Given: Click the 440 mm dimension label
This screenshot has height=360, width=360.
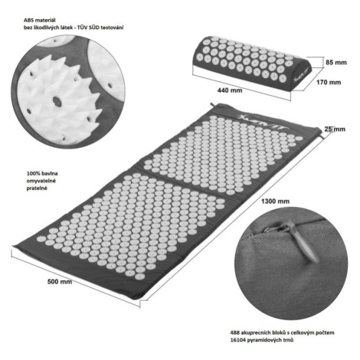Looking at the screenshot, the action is (x=230, y=90).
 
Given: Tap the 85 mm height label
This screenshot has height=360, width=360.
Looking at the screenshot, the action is (x=336, y=62).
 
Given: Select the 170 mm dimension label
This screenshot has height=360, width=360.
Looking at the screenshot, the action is (x=329, y=82).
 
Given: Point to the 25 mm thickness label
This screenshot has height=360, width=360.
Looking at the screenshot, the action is (x=335, y=129).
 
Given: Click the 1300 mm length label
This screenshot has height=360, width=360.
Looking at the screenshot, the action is (x=275, y=201).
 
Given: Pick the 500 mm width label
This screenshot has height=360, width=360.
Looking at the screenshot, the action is (x=60, y=282).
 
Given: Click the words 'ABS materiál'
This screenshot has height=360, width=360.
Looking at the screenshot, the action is (x=40, y=20).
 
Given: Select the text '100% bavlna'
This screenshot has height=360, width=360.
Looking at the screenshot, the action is (x=42, y=173).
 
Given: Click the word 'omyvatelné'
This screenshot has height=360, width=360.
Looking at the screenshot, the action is (x=41, y=181).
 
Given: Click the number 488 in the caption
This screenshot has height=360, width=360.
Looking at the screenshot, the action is (x=235, y=332).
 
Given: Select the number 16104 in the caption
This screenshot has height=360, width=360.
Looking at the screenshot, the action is (x=237, y=340).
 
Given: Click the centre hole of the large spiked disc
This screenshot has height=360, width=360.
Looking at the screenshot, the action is (x=57, y=101).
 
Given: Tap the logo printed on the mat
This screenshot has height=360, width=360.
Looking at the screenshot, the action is (x=263, y=123).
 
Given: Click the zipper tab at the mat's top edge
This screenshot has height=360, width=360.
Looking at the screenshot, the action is (x=213, y=106).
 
